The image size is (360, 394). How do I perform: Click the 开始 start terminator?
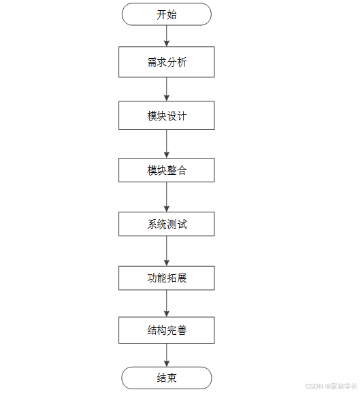167,14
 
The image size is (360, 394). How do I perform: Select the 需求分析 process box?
167,62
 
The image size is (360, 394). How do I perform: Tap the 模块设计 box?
167,116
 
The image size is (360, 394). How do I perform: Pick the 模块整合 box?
167,170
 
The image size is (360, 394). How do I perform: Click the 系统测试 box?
167,224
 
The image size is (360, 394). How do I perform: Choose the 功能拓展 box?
167,278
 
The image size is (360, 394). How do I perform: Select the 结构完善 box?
167,331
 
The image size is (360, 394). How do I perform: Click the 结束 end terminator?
167,378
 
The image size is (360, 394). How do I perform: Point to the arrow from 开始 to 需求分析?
167,36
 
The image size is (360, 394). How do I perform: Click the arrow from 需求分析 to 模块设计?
167,89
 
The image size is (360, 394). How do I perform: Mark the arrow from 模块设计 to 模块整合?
167,144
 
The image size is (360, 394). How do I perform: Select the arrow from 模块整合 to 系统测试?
167,197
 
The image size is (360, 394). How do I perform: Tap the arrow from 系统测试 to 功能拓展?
167,251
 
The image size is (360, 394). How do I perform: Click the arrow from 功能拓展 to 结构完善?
167,304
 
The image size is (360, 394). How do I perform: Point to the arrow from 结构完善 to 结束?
167,355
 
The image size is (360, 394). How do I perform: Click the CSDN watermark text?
331,386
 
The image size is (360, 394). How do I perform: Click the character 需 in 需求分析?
152,62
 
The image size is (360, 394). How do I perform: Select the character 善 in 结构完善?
182,331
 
